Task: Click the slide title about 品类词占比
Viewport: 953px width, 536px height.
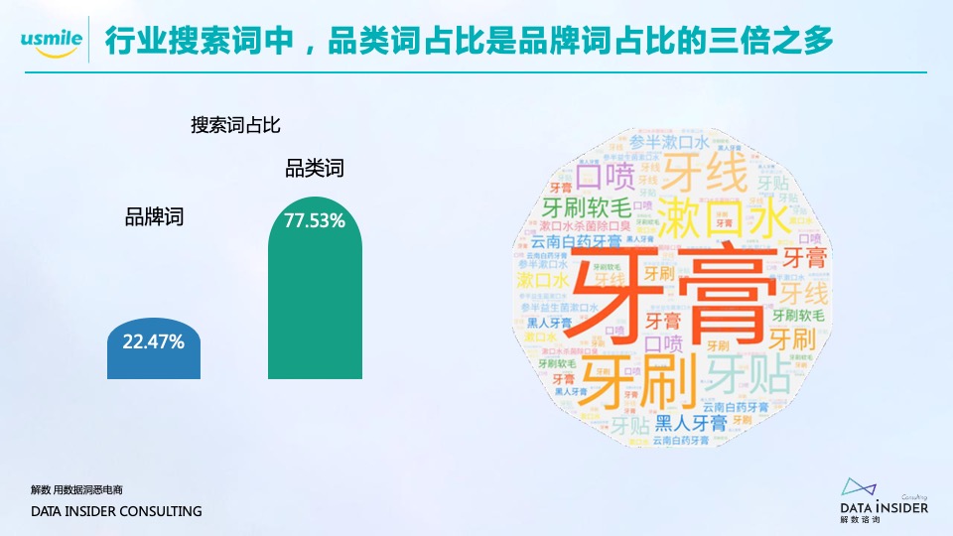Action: pos(467,41)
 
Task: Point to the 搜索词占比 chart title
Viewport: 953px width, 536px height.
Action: pos(237,125)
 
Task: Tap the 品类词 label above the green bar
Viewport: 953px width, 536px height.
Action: pos(315,169)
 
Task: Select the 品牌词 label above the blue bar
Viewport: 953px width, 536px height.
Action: pos(154,218)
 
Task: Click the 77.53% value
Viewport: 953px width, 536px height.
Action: pos(315,220)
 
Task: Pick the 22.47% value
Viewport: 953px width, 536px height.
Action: pos(153,342)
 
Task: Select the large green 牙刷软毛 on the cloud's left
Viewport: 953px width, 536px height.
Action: pos(586,208)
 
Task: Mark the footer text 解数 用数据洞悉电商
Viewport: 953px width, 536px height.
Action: pos(76,490)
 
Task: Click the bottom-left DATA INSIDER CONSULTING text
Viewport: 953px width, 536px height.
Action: pos(116,511)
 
